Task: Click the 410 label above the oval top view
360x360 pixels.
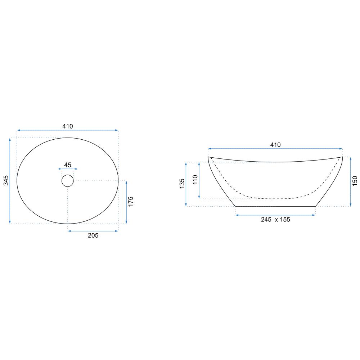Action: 68,126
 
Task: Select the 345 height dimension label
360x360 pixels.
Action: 6,180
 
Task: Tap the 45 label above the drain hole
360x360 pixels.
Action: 68,165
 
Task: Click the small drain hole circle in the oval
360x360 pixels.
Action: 68,180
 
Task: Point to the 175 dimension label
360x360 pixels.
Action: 131,201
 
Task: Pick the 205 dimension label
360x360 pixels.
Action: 93,235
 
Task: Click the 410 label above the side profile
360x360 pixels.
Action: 275,145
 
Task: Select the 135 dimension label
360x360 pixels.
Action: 182,184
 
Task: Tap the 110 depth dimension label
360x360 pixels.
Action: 195,180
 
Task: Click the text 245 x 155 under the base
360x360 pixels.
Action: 275,220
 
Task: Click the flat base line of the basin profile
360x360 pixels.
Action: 275,207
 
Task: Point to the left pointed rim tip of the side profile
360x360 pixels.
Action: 209,157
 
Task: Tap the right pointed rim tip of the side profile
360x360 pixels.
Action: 342,157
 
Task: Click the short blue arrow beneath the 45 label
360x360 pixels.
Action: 68,169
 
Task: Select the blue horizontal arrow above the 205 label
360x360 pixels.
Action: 93,231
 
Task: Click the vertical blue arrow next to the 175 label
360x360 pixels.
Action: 126,202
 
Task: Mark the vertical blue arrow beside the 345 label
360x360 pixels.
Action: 10,180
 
